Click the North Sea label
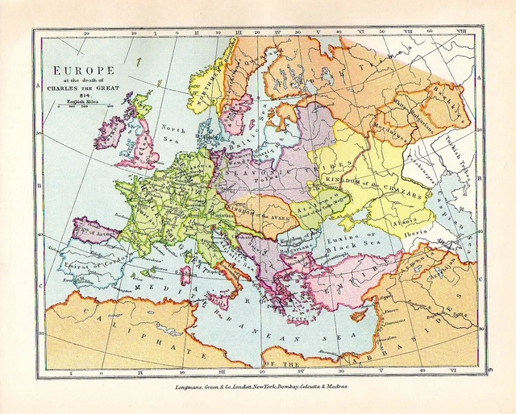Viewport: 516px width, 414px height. tap(173, 132)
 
